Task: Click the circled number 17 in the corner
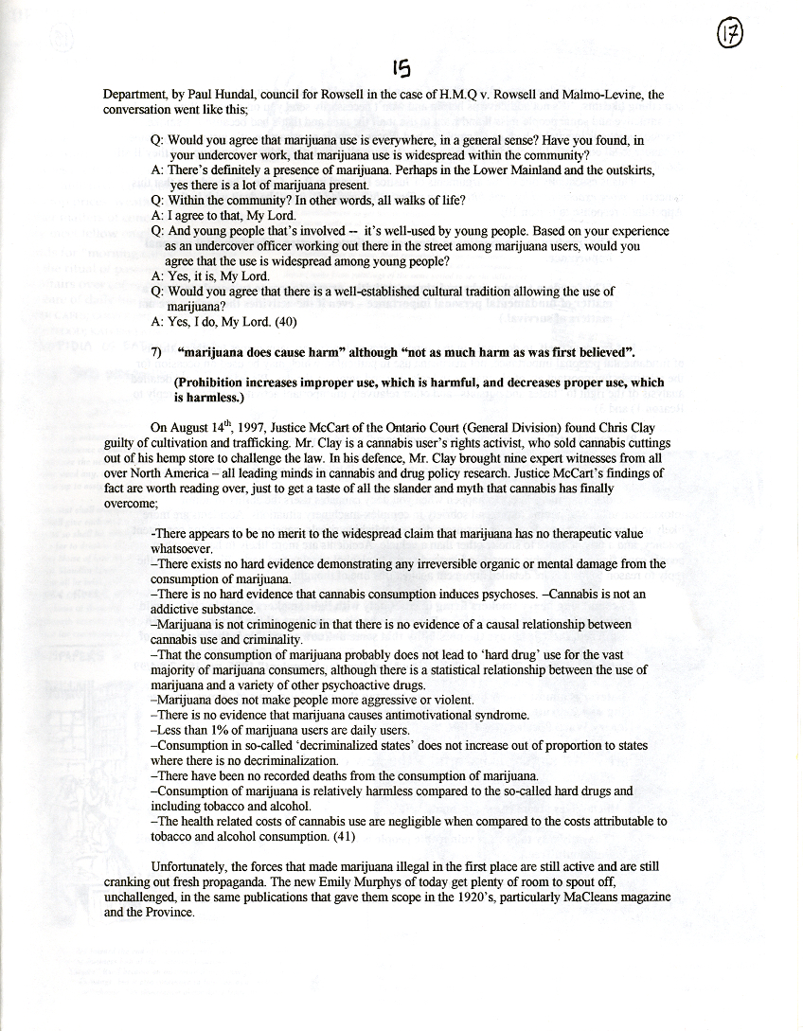coord(730,34)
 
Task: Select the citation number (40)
coord(284,321)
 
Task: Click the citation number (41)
coord(342,836)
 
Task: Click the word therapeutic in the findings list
coord(577,534)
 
